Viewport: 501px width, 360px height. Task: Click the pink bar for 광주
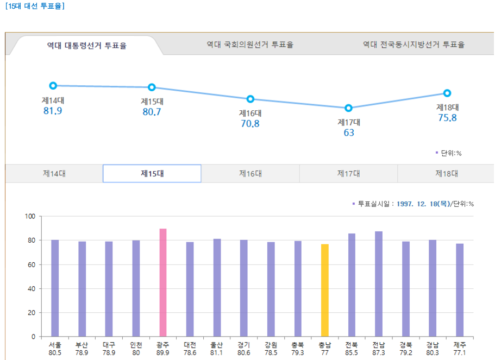tap(163, 282)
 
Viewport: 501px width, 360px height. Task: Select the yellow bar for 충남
tap(324, 290)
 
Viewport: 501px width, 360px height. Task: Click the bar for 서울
tap(55, 288)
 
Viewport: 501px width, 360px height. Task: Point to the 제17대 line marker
tap(348, 108)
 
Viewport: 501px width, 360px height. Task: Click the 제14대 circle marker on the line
tap(53, 85)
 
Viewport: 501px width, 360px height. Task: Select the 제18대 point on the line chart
tap(447, 93)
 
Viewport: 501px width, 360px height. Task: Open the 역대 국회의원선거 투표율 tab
tap(250, 45)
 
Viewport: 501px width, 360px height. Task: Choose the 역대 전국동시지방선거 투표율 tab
tap(414, 45)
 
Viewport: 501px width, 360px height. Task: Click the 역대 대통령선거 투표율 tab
tap(87, 46)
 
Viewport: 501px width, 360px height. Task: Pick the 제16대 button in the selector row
tap(250, 174)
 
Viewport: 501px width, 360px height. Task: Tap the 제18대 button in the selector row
tap(446, 174)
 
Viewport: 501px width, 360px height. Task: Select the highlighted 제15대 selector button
tap(152, 174)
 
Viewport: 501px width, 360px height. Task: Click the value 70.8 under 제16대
tap(250, 124)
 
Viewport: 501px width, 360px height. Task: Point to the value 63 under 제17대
tap(348, 132)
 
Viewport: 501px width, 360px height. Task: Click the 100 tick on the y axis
tap(30, 216)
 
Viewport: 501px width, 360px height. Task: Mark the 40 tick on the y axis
tap(32, 289)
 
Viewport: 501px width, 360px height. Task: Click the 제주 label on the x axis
tap(460, 345)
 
